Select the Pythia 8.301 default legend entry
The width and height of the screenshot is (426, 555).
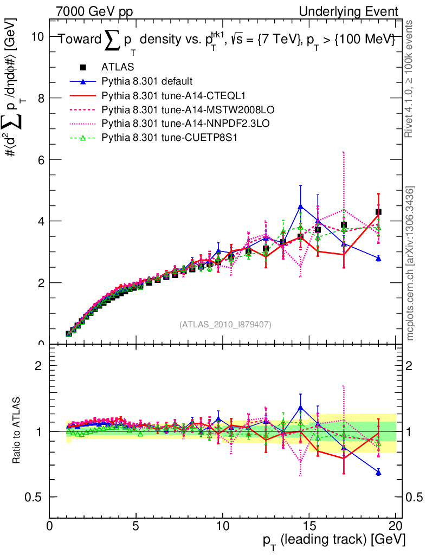[146, 82]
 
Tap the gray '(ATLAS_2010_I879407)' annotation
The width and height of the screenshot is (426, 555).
[225, 324]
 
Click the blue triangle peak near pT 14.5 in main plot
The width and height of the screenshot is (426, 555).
[301, 206]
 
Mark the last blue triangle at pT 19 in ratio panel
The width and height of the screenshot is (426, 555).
[378, 473]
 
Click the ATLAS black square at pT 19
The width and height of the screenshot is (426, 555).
[378, 212]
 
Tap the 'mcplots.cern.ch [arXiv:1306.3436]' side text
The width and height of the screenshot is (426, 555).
[410, 263]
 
